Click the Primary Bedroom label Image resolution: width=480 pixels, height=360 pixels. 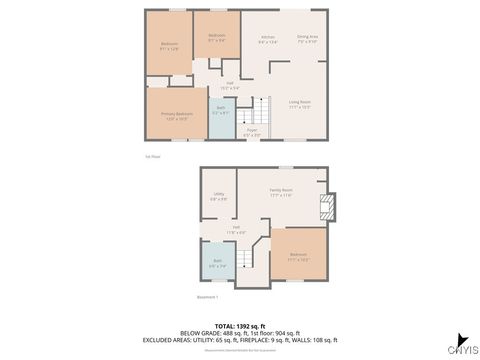(177, 115)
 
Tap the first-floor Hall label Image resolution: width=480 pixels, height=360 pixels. (229, 85)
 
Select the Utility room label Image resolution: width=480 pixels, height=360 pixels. (218, 198)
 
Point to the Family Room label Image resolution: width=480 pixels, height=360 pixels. (281, 192)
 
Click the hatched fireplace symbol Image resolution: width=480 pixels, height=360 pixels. (325, 207)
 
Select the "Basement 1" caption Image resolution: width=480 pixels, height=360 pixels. (207, 297)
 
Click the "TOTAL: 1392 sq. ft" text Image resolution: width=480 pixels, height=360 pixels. (241, 326)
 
